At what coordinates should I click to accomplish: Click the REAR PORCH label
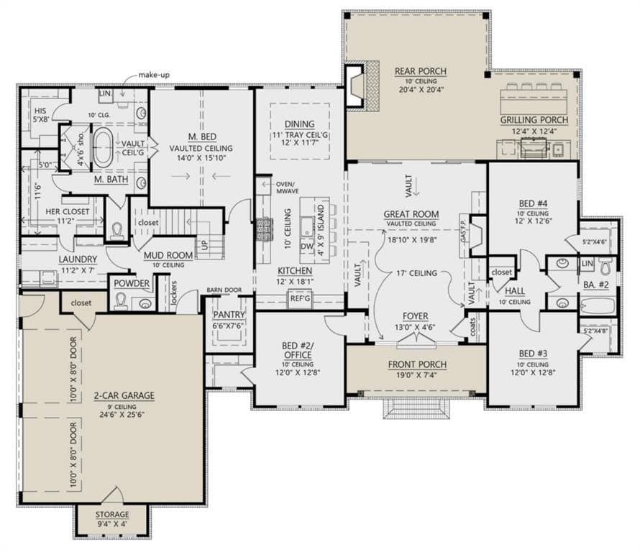click(x=421, y=71)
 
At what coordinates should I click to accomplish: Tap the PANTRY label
click(x=229, y=315)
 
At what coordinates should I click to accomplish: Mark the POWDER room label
click(x=132, y=284)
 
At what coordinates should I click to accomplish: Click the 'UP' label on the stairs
click(x=204, y=244)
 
